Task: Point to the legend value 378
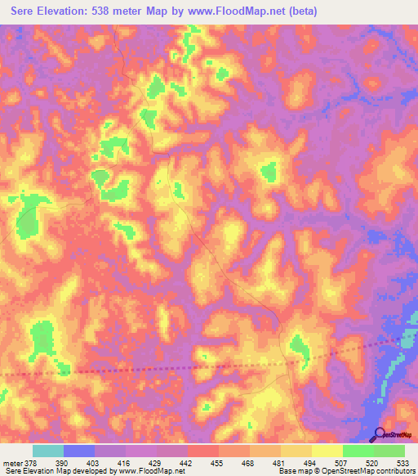(x=31, y=462)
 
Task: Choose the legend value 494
(x=309, y=462)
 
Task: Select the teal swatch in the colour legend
(x=48, y=451)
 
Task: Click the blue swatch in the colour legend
(x=79, y=451)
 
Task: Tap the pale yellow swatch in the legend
(x=327, y=451)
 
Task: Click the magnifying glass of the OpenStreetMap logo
(x=378, y=434)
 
